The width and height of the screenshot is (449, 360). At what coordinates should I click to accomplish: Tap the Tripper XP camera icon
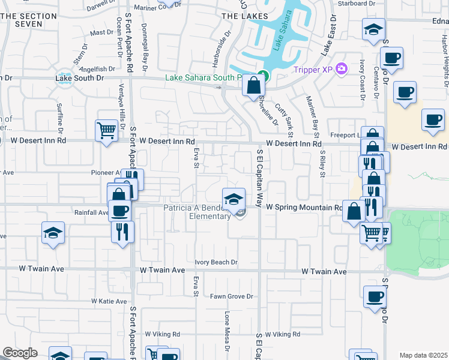(x=342, y=70)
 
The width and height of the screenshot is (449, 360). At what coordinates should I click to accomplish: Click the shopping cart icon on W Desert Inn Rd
(x=106, y=130)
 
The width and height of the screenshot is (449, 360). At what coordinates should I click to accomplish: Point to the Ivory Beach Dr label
(x=217, y=262)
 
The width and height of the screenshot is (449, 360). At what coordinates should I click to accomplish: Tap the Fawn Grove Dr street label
(x=232, y=296)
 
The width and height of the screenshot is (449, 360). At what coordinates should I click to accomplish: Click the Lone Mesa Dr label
(x=228, y=331)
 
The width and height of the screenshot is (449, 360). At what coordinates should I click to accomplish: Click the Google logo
(x=20, y=353)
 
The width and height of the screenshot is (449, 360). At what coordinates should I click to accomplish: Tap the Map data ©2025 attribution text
(x=423, y=355)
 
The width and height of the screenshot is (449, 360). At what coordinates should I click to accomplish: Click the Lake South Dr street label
(x=80, y=77)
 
